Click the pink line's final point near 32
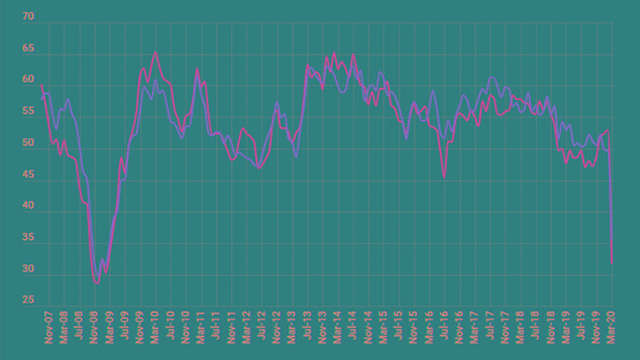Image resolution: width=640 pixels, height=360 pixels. tap(612, 263)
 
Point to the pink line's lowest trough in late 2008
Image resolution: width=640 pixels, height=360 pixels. tap(97, 282)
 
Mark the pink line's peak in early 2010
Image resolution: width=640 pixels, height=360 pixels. tap(155, 53)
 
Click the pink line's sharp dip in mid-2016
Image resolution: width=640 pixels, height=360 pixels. tap(445, 177)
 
